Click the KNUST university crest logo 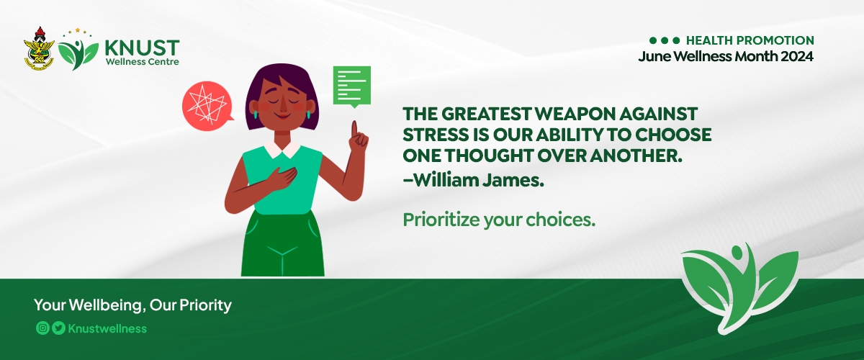click(39, 48)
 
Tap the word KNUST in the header click(142, 48)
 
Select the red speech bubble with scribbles click(208, 106)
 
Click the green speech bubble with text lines click(352, 86)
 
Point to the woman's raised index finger click(354, 130)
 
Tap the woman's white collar click(282, 149)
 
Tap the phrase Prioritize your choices click(499, 220)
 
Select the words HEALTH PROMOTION click(750, 40)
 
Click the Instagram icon click(42, 328)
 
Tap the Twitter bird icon click(58, 328)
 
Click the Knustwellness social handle click(107, 329)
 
